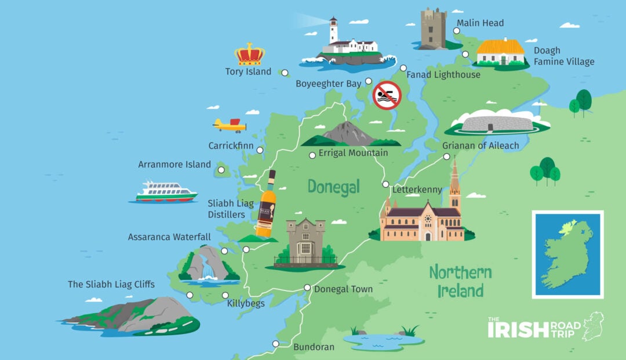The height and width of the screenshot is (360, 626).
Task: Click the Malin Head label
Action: click(x=480, y=23)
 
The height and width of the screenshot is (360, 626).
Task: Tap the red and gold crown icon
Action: click(x=249, y=54)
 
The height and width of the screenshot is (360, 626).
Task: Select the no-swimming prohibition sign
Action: click(x=387, y=95)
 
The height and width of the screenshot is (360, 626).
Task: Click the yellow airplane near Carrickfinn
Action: click(x=230, y=125)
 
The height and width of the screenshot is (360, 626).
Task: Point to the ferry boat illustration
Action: click(x=165, y=192)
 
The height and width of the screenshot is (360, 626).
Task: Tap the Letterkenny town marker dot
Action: click(x=385, y=184)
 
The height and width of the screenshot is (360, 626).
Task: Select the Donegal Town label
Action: click(x=343, y=289)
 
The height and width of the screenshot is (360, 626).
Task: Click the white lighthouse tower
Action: click(x=334, y=31)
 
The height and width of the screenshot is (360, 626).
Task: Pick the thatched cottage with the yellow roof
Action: click(x=500, y=52)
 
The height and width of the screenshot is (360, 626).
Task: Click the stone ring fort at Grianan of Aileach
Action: click(x=500, y=122)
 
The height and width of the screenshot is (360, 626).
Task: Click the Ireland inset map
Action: click(x=567, y=254)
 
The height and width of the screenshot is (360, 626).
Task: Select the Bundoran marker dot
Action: click(x=276, y=344)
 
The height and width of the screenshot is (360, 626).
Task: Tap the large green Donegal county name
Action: click(x=333, y=187)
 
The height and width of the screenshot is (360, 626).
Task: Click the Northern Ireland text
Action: click(x=460, y=281)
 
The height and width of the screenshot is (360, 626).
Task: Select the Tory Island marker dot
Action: click(x=284, y=73)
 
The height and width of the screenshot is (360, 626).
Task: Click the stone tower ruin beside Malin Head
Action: click(x=434, y=28)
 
